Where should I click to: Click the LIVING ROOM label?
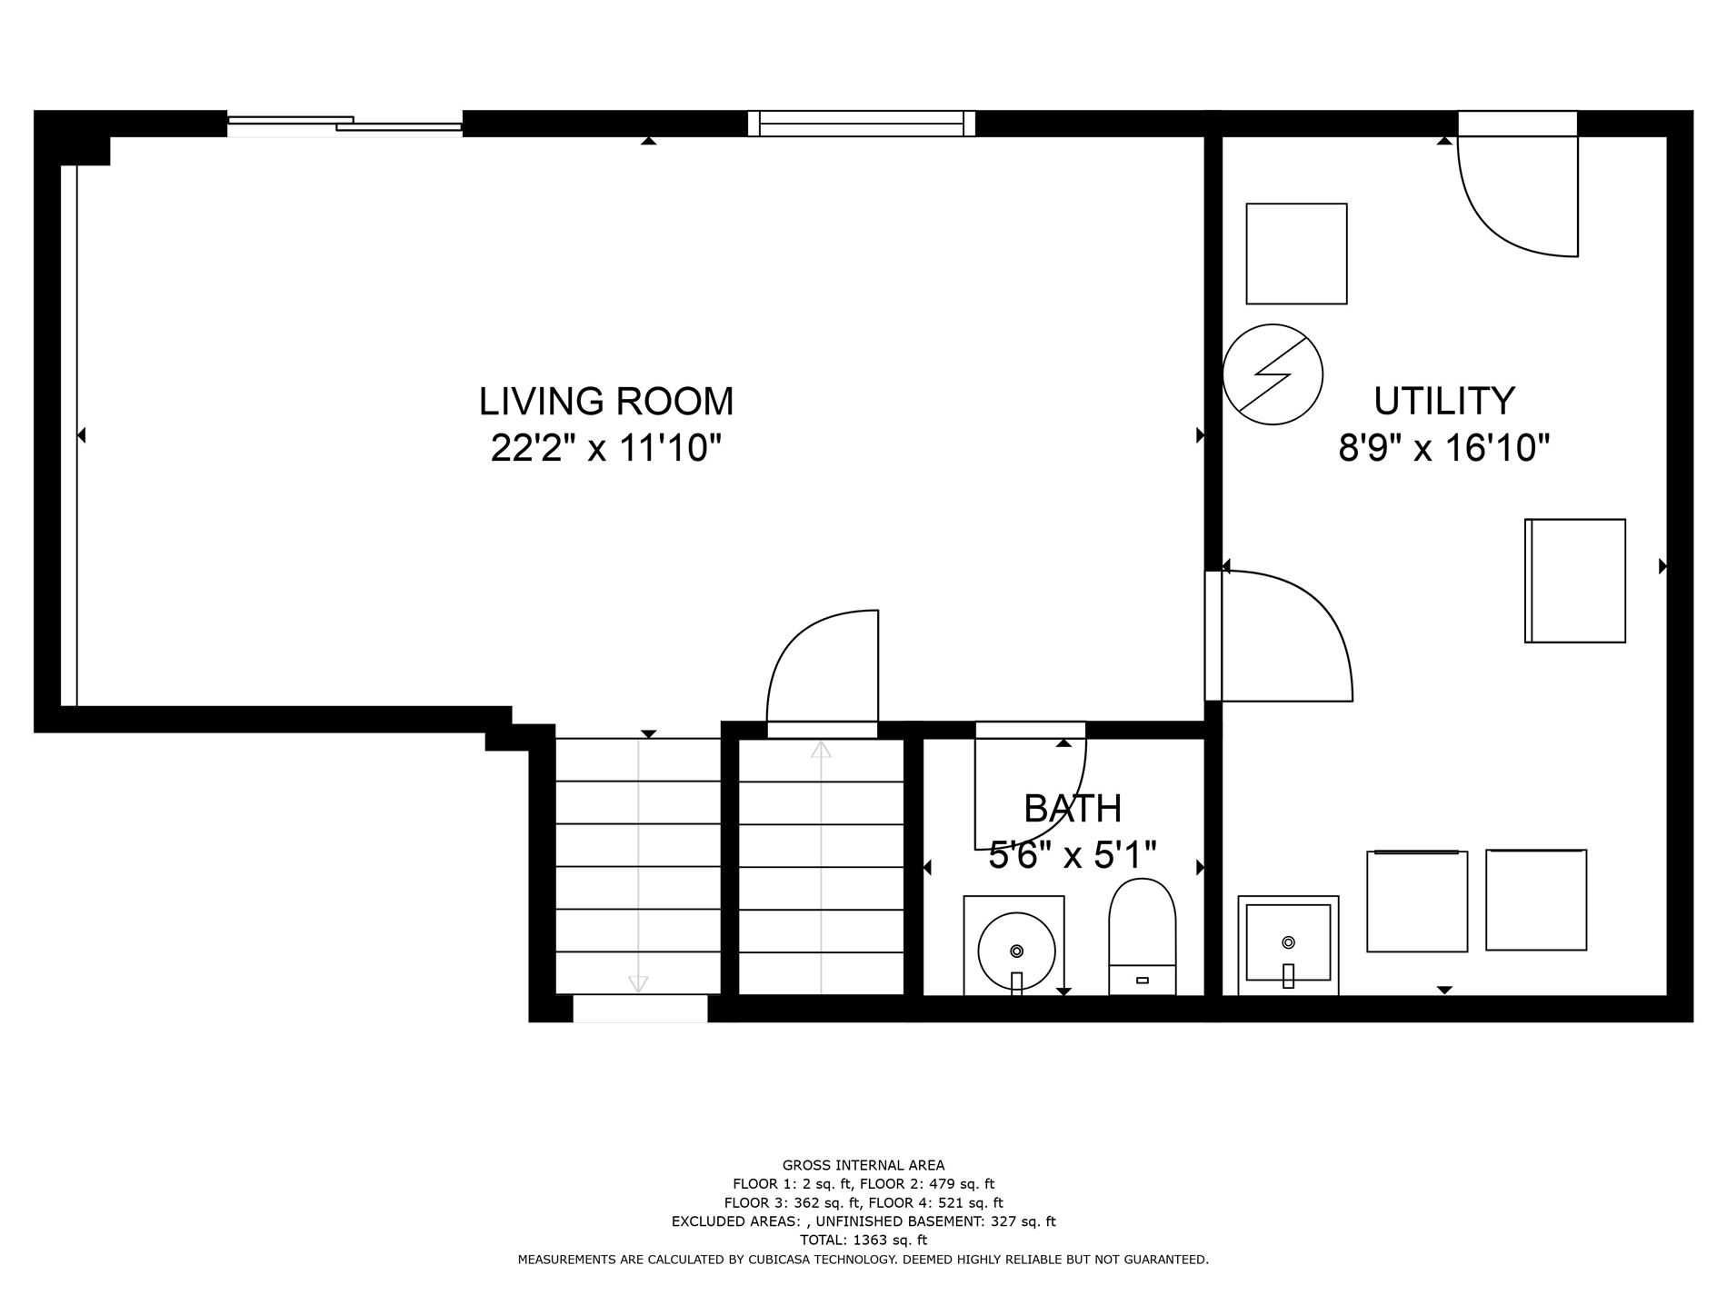pyautogui.click(x=606, y=401)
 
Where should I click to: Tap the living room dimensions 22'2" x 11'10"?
pyautogui.click(x=606, y=448)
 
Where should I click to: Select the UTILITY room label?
pyautogui.click(x=1444, y=401)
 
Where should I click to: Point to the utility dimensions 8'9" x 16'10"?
pyautogui.click(x=1444, y=448)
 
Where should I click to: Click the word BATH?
pyautogui.click(x=1073, y=808)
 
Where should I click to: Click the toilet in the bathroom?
pyautogui.click(x=1143, y=936)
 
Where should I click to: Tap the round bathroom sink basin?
pyautogui.click(x=1016, y=951)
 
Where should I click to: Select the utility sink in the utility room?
pyautogui.click(x=1288, y=945)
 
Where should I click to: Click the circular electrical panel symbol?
pyautogui.click(x=1273, y=374)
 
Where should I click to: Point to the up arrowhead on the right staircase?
pyautogui.click(x=821, y=750)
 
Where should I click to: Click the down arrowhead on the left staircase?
pyautogui.click(x=638, y=984)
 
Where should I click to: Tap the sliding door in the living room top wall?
pyautogui.click(x=344, y=124)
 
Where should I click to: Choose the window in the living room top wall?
pyautogui.click(x=862, y=124)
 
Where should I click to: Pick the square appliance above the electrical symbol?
pyautogui.click(x=1296, y=254)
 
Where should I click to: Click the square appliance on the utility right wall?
pyautogui.click(x=1575, y=581)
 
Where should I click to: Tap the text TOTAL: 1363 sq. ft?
pyautogui.click(x=863, y=1240)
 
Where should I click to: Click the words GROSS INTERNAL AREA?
pyautogui.click(x=863, y=1165)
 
